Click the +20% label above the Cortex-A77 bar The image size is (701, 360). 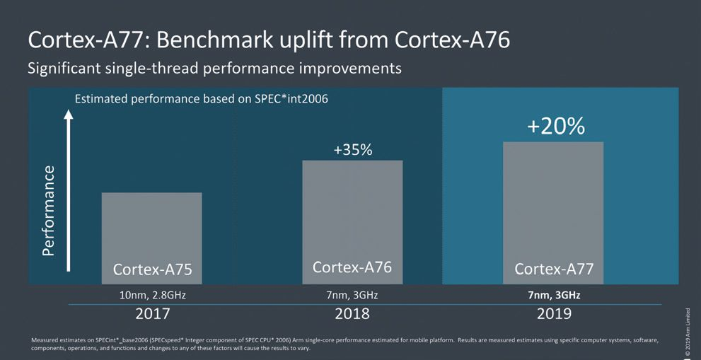(x=555, y=126)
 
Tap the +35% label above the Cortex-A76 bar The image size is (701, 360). (x=352, y=150)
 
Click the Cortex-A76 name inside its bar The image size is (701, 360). (x=352, y=267)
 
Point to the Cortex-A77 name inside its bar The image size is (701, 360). (x=553, y=269)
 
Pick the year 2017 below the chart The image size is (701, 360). (x=152, y=313)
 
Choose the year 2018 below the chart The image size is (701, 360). (x=352, y=313)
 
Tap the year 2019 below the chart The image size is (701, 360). (x=553, y=313)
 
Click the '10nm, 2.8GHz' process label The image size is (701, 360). (x=152, y=295)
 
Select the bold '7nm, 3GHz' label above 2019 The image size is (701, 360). (x=553, y=295)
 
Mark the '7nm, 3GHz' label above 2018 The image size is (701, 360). (x=352, y=295)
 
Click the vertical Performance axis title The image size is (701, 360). (x=48, y=210)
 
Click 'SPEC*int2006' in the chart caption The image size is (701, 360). (x=291, y=98)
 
